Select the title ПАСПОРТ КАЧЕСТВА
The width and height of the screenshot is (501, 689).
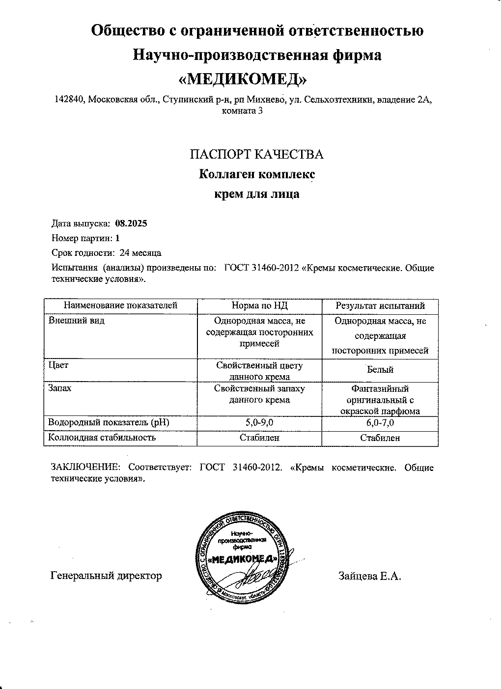point(256,155)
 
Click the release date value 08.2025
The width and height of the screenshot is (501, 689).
point(131,224)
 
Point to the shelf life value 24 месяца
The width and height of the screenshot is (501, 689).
point(140,253)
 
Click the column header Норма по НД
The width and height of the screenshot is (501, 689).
point(259,306)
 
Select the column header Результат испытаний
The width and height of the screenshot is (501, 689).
point(380,306)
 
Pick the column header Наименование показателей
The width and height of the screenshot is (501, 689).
point(120,306)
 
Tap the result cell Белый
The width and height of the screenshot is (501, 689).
point(380,370)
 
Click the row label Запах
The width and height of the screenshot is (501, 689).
point(59,388)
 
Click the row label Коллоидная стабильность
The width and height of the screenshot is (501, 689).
point(102,438)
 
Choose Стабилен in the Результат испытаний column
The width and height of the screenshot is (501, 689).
point(380,438)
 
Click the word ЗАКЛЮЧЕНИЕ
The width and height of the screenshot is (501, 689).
point(85,468)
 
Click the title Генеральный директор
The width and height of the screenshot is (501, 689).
point(106,576)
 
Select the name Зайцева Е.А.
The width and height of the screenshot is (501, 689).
point(370,576)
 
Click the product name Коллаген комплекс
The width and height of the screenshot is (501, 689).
point(256,174)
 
